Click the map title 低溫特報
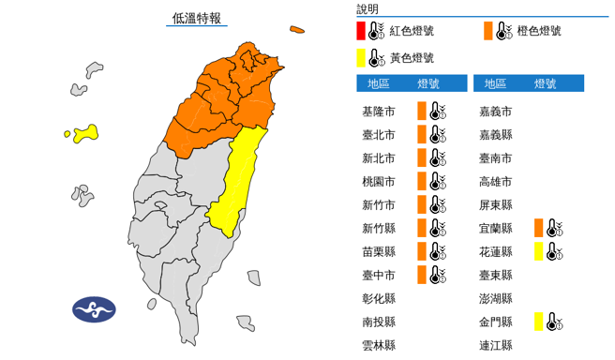[x=196, y=18]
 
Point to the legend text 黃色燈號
[x=413, y=58]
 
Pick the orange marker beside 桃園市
[x=422, y=181]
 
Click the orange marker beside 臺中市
[x=422, y=275]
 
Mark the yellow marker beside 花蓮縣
[x=539, y=251]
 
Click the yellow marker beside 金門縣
[x=539, y=322]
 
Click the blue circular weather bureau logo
[x=94, y=308]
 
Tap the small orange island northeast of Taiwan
[x=297, y=29]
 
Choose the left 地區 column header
[x=379, y=83]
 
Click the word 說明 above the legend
[x=368, y=8]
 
